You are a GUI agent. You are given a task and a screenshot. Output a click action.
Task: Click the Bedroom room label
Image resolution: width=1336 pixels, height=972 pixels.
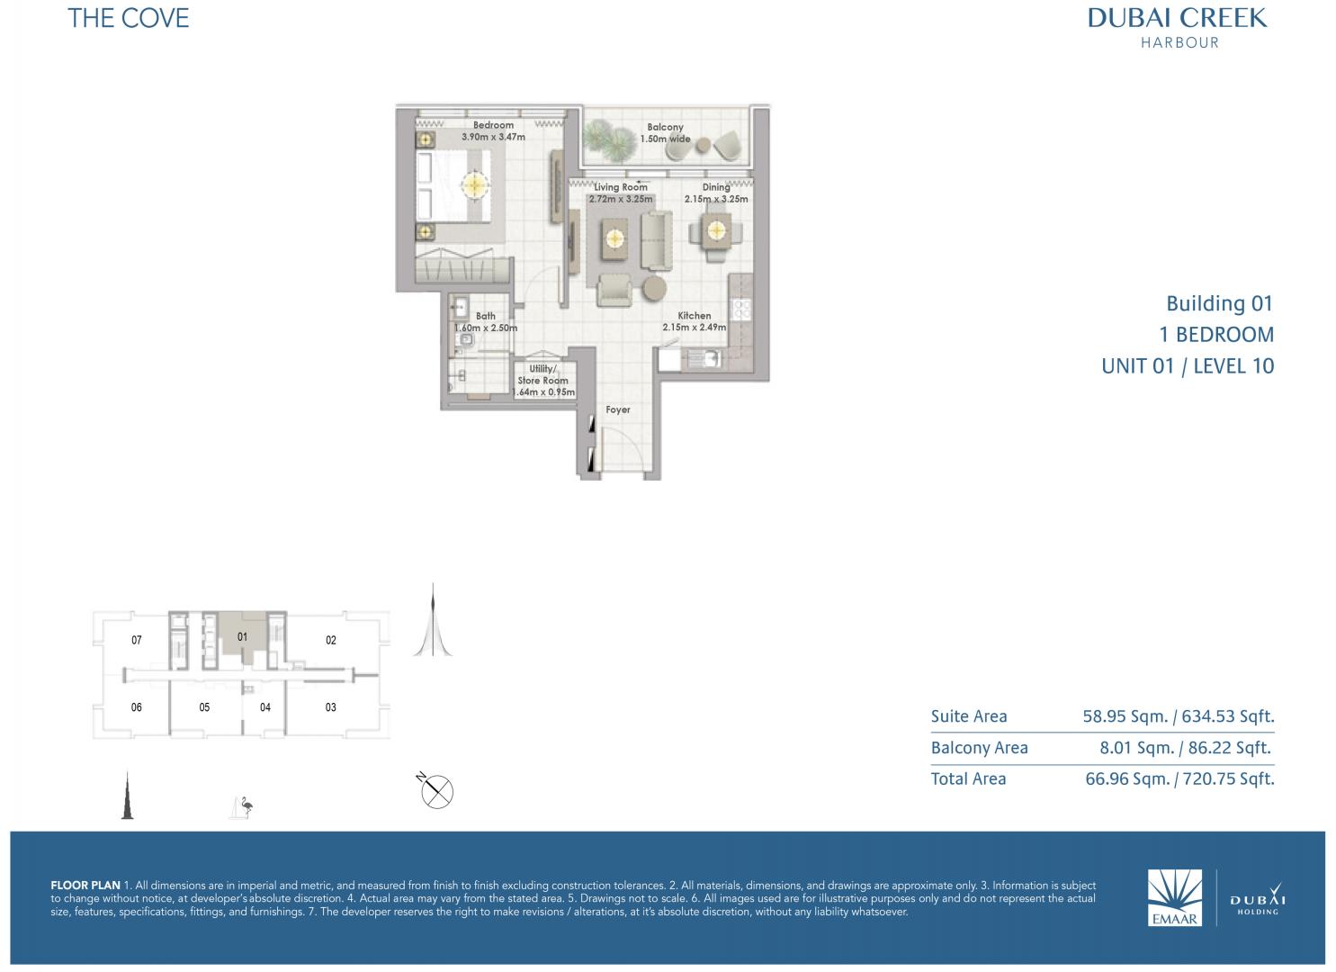(x=493, y=125)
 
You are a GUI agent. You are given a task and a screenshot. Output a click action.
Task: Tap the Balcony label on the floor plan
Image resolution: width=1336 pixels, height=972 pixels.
(x=665, y=127)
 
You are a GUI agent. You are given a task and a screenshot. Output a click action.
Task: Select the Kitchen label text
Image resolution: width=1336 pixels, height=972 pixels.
(x=695, y=316)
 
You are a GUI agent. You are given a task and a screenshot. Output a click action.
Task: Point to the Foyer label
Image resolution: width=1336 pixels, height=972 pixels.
(x=618, y=409)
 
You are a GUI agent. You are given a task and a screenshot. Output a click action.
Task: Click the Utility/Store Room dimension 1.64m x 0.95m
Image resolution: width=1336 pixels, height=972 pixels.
(x=544, y=392)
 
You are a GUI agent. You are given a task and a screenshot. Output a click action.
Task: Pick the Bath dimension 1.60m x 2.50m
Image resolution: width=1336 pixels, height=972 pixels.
(x=486, y=328)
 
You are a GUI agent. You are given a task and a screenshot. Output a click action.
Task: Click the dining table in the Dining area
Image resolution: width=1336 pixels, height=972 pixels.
(x=716, y=231)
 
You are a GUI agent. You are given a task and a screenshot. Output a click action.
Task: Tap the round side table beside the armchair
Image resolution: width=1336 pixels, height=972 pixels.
(x=654, y=288)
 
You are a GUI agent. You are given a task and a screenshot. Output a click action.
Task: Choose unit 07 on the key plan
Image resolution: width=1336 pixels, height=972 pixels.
(x=137, y=640)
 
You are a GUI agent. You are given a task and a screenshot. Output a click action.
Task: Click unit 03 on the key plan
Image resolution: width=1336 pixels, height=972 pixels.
(x=331, y=707)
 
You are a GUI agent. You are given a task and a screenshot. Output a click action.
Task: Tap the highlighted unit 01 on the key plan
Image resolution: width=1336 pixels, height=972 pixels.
(x=242, y=636)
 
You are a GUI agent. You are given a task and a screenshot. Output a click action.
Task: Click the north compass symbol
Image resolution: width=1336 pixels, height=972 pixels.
(x=436, y=791)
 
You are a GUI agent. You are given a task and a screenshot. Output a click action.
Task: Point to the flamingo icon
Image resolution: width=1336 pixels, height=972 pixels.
(x=242, y=807)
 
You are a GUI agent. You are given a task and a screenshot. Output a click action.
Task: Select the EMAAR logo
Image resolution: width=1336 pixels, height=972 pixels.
(x=1174, y=897)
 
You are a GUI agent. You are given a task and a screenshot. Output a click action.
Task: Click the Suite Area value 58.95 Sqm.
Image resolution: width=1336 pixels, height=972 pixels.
(x=1125, y=716)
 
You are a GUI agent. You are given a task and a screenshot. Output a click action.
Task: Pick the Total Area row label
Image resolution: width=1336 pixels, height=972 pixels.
(x=969, y=778)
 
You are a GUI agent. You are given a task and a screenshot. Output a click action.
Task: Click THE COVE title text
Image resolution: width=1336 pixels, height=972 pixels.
(x=129, y=19)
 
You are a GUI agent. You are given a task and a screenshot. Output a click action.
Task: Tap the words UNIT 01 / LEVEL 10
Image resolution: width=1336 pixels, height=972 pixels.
(x=1188, y=365)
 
